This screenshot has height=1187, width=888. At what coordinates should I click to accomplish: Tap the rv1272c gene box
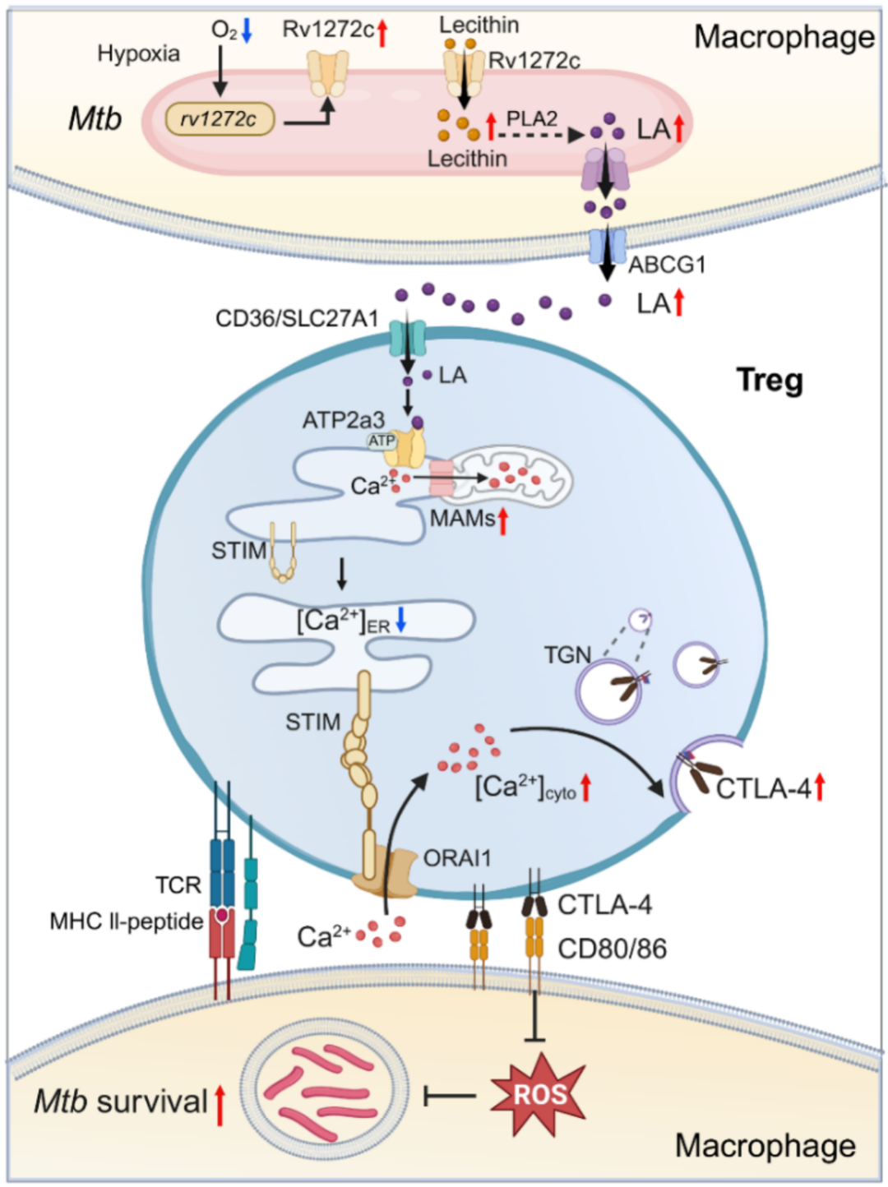point(219,119)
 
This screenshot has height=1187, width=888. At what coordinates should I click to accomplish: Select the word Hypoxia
point(138,53)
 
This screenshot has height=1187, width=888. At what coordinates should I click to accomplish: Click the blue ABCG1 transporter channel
point(607,247)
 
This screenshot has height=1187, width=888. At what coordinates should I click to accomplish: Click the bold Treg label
point(769,380)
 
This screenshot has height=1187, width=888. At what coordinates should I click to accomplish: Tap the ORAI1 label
point(457,858)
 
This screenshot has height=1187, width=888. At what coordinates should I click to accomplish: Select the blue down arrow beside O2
point(247,30)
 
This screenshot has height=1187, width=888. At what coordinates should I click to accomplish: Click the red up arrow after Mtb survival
point(220,1104)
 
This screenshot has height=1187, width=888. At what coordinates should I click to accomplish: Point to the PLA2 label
point(531,119)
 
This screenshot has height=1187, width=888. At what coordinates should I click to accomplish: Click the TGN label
point(567,655)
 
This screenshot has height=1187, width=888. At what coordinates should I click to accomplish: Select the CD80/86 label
point(612,949)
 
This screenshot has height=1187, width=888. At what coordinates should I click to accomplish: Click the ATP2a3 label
point(343,420)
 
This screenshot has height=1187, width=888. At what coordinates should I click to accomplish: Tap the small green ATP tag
point(381,441)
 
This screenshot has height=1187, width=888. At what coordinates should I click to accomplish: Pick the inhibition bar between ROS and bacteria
point(449,1096)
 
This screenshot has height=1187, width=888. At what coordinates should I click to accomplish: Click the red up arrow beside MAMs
point(502,520)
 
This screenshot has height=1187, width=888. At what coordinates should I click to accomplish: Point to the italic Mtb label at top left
point(95,119)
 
